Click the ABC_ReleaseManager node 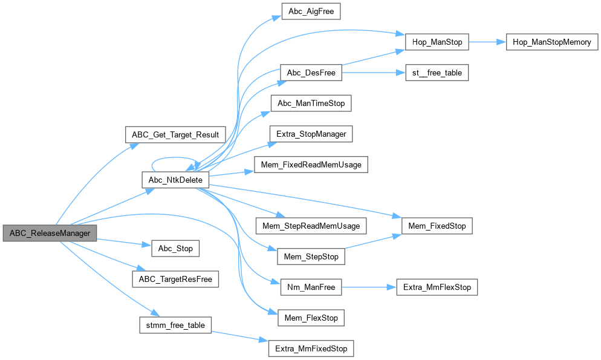coord(50,233)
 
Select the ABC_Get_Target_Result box coord(175,134)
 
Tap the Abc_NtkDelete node coord(175,180)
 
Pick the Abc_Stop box coord(175,248)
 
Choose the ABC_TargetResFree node coord(175,279)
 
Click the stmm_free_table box coord(175,325)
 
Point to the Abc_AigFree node coord(311,11)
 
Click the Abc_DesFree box coord(311,73)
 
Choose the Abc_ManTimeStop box coord(311,103)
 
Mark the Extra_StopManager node coord(311,134)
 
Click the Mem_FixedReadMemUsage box coord(311,165)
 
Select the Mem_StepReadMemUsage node coord(311,226)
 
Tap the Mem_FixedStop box coord(437,226)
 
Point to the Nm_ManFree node coord(311,287)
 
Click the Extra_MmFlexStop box coord(437,287)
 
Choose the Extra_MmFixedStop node coord(311,348)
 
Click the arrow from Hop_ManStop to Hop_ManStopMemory coord(487,42)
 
